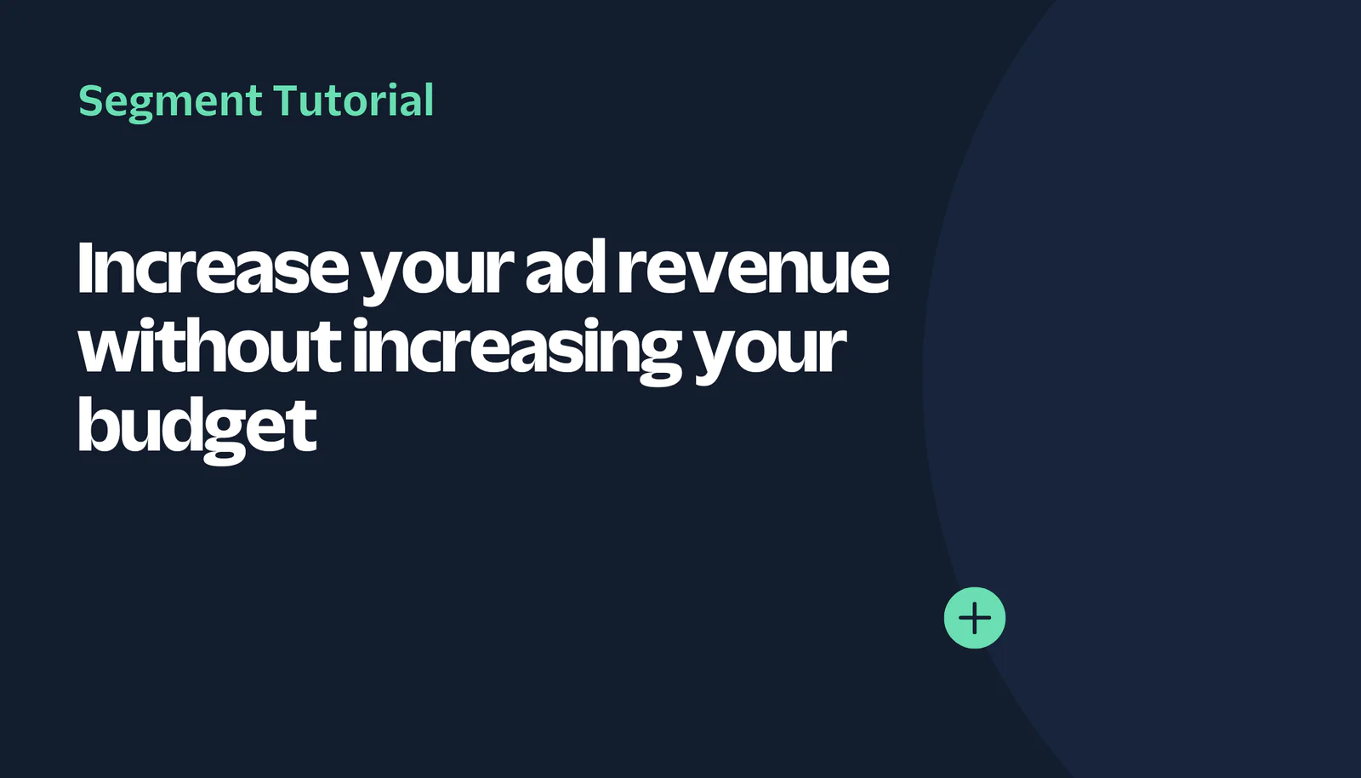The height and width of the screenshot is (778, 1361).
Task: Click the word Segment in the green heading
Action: click(x=170, y=102)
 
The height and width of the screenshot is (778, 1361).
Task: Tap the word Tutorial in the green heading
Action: click(x=354, y=100)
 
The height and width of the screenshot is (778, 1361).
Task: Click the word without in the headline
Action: click(x=209, y=346)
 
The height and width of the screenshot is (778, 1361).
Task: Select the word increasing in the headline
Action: click(x=517, y=351)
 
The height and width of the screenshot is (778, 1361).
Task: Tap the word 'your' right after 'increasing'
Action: click(x=770, y=353)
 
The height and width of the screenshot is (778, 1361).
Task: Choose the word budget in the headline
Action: click(x=197, y=428)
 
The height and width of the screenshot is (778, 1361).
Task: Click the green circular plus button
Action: click(x=975, y=618)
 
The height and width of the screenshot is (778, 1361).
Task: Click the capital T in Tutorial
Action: click(x=288, y=100)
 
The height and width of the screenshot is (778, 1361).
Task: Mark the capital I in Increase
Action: click(x=85, y=268)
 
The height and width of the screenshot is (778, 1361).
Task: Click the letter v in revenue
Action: click(x=704, y=273)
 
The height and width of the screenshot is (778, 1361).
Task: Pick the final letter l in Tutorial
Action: click(x=429, y=100)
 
